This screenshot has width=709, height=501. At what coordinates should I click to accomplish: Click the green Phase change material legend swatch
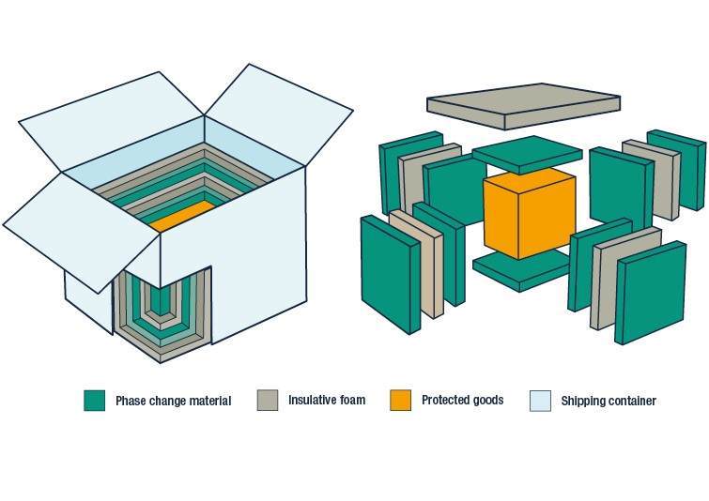[94, 401]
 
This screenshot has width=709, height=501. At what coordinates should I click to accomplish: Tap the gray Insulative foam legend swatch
[268, 401]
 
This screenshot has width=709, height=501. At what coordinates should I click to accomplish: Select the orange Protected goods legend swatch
[401, 401]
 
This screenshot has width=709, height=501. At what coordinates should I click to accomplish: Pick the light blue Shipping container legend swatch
[540, 401]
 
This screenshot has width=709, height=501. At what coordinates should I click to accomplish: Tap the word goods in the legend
[486, 401]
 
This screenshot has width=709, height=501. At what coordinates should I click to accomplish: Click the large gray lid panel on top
[522, 106]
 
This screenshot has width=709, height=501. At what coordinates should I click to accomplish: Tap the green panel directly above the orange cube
[526, 154]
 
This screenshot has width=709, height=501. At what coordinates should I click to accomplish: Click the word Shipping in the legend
[581, 402]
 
